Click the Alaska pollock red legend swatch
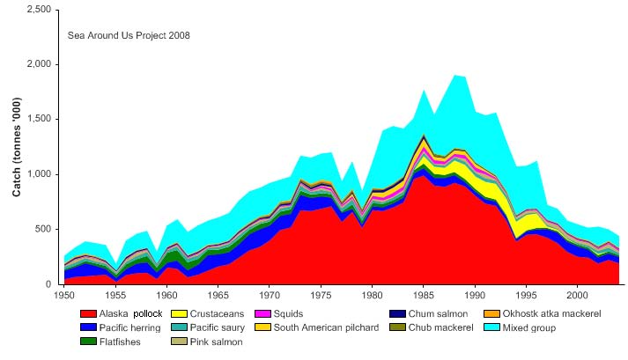[87, 314]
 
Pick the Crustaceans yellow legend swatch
[176, 314]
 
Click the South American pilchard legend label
[327, 328]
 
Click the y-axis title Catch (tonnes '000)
[17, 147]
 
